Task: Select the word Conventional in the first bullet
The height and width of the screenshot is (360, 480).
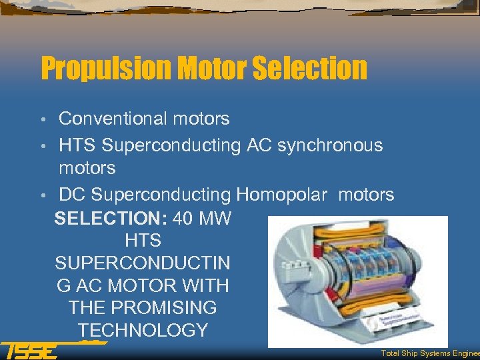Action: (x=114, y=119)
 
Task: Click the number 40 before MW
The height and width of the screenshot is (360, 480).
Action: (x=186, y=219)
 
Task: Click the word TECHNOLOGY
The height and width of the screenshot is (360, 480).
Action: (x=143, y=331)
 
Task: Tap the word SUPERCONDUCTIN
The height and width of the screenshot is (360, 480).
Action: (x=143, y=263)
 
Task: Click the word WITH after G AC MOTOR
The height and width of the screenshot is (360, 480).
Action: (x=206, y=286)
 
